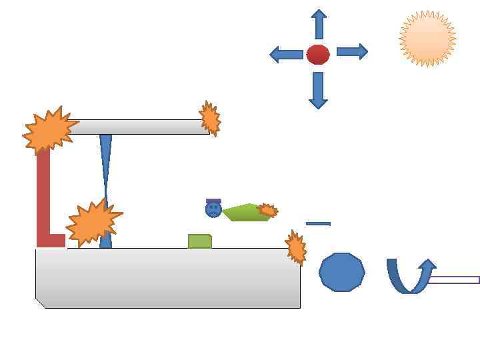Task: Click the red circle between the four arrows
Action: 318,54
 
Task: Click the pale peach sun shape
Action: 427,39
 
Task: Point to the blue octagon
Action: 342,272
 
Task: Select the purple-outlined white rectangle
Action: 453,280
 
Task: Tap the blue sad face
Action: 213,209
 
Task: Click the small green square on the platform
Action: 199,241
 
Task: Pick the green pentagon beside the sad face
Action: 243,213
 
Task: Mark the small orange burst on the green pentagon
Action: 267,210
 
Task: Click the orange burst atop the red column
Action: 49,131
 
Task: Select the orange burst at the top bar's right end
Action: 210,119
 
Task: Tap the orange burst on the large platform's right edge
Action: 296,247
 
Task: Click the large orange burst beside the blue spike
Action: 93,222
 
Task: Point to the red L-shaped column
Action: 43,200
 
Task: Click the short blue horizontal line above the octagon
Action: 318,224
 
